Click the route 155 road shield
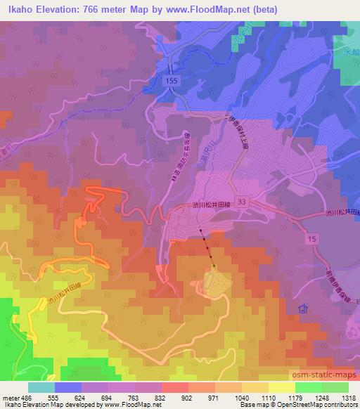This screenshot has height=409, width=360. pos(174,82)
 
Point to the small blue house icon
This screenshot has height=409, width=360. pos(303,307)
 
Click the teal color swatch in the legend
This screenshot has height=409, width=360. pos(41,387)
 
